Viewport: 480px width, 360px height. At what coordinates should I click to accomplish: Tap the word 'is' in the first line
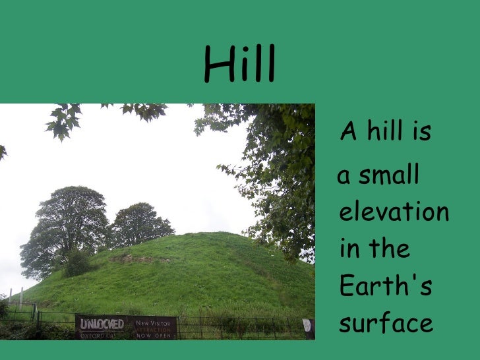coord(419,133)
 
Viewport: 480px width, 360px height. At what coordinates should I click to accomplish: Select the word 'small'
coord(390,176)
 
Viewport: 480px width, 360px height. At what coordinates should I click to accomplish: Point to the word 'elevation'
coord(394,212)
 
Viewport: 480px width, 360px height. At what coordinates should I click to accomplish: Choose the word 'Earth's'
coord(385,287)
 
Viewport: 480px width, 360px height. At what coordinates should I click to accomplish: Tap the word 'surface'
coord(386,324)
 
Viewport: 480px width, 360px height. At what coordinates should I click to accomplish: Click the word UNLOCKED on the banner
coord(102,324)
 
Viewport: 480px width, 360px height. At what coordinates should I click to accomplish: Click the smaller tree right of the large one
coord(140,224)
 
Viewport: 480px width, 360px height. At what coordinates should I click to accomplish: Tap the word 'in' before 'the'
coord(348,249)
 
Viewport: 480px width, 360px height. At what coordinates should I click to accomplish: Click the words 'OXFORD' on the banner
coord(92,335)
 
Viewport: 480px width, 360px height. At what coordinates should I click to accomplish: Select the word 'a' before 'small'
coord(344,177)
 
